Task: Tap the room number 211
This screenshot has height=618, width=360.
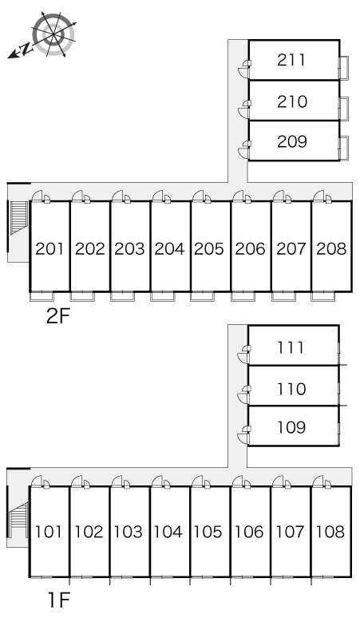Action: pyautogui.click(x=291, y=60)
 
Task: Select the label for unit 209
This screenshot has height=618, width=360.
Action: pyautogui.click(x=291, y=141)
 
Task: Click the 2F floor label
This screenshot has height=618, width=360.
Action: pyautogui.click(x=58, y=315)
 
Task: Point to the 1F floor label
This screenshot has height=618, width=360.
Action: pyautogui.click(x=59, y=600)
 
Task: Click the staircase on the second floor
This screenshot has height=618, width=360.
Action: pyautogui.click(x=18, y=217)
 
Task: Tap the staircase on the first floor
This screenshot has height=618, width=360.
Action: pyautogui.click(x=18, y=520)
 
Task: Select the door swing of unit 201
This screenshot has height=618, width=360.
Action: pyautogui.click(x=37, y=196)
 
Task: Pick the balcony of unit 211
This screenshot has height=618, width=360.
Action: pyautogui.click(x=344, y=68)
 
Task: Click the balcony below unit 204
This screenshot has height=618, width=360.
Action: pyautogui.click(x=162, y=296)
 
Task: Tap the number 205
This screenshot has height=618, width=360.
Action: pyautogui.click(x=209, y=248)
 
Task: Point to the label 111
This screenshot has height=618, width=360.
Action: pyautogui.click(x=291, y=347)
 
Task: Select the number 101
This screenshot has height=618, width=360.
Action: pyautogui.click(x=49, y=532)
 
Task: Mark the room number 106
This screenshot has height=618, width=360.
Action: pyautogui.click(x=248, y=532)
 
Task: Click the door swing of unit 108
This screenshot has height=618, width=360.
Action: pyautogui.click(x=318, y=481)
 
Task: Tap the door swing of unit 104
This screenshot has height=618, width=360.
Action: pyautogui.click(x=157, y=481)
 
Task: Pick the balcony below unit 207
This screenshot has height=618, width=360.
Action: pyautogui.click(x=283, y=296)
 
